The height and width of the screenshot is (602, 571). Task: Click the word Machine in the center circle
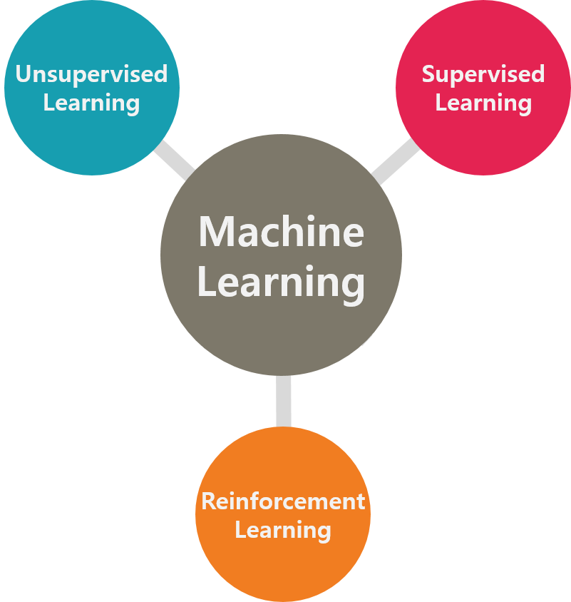pos(281,233)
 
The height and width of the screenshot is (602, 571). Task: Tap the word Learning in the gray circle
pos(281,282)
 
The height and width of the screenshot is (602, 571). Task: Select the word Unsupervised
pos(91,74)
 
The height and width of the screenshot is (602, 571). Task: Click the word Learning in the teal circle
pos(91,103)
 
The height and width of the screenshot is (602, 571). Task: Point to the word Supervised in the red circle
pos(483,74)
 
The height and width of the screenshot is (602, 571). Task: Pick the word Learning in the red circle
pos(483,103)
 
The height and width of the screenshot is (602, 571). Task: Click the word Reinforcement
pos(283,501)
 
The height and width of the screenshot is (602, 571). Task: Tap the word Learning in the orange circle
pos(283,530)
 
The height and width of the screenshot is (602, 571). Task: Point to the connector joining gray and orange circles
pos(283,401)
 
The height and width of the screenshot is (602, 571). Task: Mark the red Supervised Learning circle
pos(483,136)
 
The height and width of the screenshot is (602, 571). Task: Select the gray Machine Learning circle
pos(281,335)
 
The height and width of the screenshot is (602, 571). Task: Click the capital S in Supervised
pos(429,74)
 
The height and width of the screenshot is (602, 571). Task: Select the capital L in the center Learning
pos(206,282)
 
